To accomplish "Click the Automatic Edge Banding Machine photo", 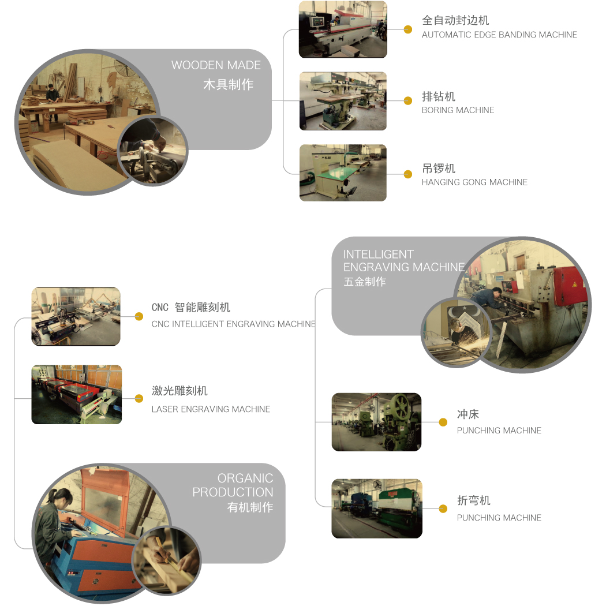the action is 343,29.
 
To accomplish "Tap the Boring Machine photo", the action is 343,101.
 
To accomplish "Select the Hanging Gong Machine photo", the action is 343,173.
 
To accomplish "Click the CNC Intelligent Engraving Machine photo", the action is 76,316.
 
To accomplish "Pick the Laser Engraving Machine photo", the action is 77,395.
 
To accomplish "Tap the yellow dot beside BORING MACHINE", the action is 407,101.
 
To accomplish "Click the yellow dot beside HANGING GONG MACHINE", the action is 407,174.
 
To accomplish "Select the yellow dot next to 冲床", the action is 443,422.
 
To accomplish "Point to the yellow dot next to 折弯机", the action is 443,508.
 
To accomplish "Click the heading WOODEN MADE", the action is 216,65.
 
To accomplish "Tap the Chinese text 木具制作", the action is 229,84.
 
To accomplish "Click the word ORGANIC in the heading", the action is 245,478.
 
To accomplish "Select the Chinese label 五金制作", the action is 364,282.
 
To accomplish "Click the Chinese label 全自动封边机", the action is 455,20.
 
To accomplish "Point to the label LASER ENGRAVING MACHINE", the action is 211,409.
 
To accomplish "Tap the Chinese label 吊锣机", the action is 438,169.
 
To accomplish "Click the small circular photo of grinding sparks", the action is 456,332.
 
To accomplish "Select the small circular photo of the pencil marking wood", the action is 167,561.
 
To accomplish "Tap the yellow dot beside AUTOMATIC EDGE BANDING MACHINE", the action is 407,29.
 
